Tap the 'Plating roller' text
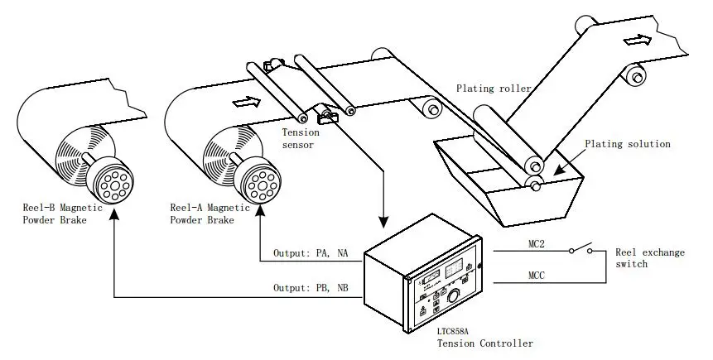pos(494,88)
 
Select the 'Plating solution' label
pos(627,144)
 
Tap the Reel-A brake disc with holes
pos(257,179)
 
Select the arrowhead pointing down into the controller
pos(383,222)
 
